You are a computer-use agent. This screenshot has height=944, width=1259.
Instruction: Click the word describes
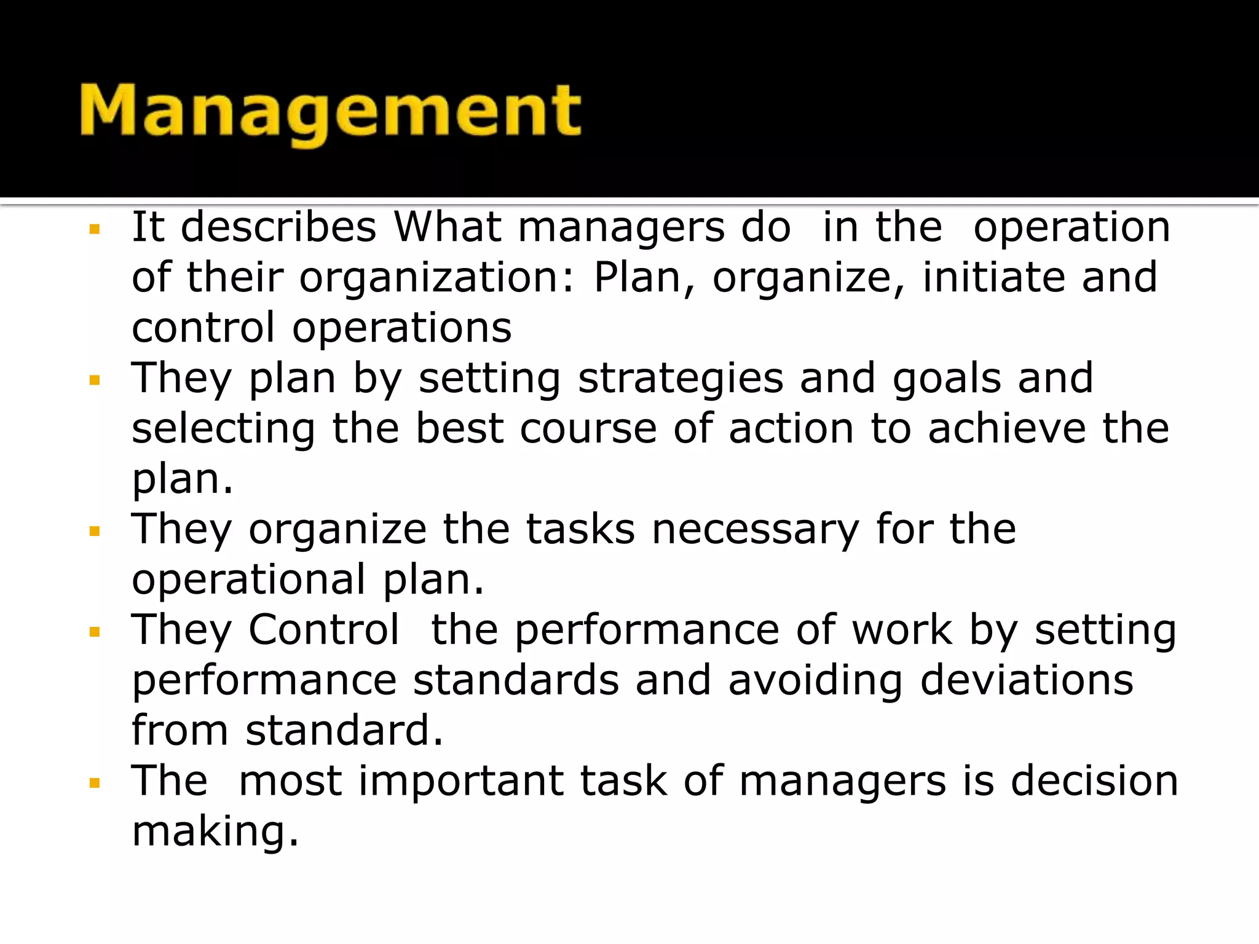tap(278, 227)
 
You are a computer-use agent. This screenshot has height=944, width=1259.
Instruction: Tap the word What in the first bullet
tap(448, 227)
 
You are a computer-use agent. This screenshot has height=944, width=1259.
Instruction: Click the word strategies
tap(681, 378)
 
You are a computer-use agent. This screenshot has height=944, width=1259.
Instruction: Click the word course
tap(588, 429)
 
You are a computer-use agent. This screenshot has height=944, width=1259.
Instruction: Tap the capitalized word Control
tap(324, 630)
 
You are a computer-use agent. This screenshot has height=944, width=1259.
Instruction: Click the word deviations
tap(1027, 681)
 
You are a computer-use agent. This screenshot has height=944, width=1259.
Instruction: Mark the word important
tap(461, 781)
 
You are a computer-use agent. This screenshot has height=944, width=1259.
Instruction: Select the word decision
tap(1095, 781)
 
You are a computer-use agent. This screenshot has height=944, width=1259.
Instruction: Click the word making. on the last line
tap(215, 832)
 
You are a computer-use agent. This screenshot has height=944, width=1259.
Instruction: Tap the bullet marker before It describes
tap(94, 230)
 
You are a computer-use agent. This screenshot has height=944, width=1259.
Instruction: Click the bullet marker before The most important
tap(94, 784)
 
